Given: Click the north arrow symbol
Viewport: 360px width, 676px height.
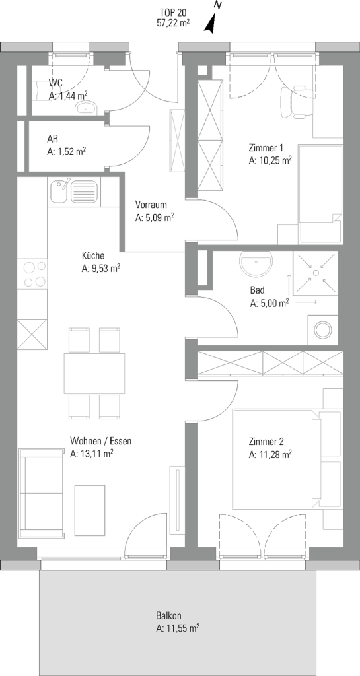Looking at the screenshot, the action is pyautogui.click(x=211, y=23).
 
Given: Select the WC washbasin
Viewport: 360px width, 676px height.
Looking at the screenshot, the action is pyautogui.click(x=87, y=108).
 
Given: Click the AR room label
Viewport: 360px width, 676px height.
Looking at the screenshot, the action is pyautogui.click(x=53, y=140).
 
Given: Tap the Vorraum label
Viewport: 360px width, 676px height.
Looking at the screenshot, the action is pyautogui.click(x=151, y=205).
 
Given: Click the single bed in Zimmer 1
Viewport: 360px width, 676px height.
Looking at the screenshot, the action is pyautogui.click(x=321, y=193).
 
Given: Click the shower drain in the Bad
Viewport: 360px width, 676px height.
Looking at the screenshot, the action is pyautogui.click(x=316, y=273).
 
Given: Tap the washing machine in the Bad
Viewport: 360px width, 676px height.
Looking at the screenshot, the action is pyautogui.click(x=323, y=330).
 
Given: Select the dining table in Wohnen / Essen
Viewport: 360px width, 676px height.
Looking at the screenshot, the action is pyautogui.click(x=94, y=374).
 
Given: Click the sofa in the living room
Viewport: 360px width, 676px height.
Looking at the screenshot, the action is pyautogui.click(x=42, y=492).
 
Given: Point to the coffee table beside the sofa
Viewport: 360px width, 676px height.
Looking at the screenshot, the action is pyautogui.click(x=90, y=510).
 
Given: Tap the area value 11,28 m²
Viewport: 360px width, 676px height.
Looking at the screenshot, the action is pyautogui.click(x=270, y=454).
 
